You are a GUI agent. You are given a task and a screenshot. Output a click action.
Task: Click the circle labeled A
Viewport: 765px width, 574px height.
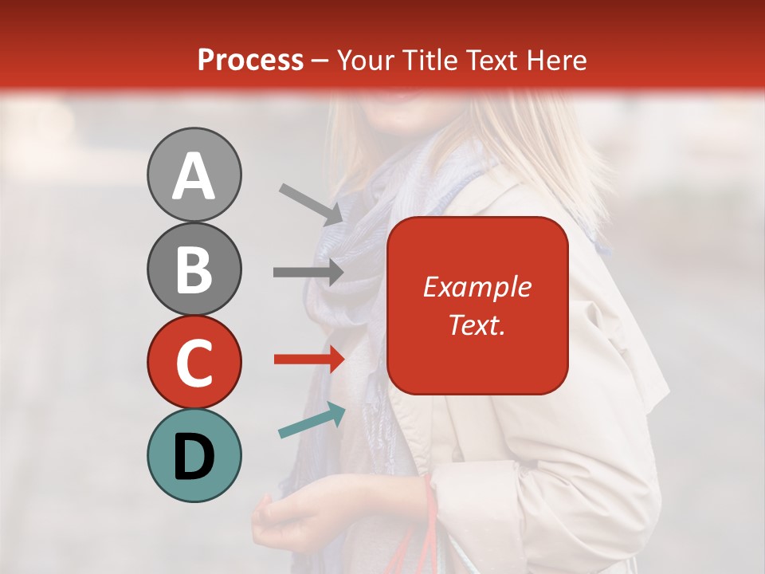tap(194, 175)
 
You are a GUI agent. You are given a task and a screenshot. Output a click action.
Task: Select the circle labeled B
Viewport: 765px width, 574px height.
tap(194, 269)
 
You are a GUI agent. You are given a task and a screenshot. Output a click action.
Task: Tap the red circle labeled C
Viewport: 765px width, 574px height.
tap(194, 362)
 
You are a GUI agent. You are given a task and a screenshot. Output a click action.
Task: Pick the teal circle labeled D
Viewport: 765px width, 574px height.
tap(194, 455)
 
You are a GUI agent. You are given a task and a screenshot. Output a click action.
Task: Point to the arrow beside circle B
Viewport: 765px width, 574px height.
tap(308, 273)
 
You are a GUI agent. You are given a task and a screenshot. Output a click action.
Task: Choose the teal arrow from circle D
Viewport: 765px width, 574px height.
tap(312, 421)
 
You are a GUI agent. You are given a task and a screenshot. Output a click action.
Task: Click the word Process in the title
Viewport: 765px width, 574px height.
tap(250, 61)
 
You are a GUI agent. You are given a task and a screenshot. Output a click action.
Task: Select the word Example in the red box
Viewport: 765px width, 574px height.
tap(477, 287)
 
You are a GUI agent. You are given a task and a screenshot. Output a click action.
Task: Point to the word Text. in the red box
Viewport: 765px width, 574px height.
tap(477, 324)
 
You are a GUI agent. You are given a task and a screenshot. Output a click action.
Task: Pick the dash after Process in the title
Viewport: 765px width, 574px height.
tap(320, 61)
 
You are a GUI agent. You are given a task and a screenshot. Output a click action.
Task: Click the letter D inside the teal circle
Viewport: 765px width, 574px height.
tap(194, 457)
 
